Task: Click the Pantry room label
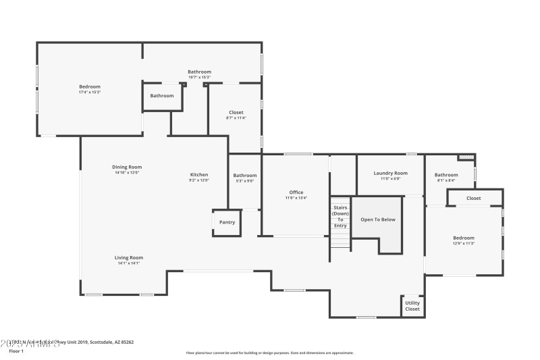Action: click(227, 222)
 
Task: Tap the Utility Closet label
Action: click(412, 306)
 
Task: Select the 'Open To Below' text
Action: click(378, 220)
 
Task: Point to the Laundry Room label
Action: click(390, 173)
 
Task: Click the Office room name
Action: click(296, 192)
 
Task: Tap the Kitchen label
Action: click(199, 175)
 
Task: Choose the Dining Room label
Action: click(127, 167)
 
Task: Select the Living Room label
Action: click(128, 257)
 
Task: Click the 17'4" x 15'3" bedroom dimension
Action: click(90, 92)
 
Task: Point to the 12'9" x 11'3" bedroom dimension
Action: click(463, 243)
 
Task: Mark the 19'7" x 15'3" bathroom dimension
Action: click(199, 77)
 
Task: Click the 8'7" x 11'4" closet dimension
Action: click(236, 118)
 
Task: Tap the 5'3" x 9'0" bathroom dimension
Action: click(245, 180)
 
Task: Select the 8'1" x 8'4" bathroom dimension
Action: click(446, 180)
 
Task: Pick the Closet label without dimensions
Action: click(474, 198)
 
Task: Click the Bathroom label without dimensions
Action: click(162, 96)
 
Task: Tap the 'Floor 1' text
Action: click(15, 351)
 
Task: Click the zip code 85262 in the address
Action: click(125, 342)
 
